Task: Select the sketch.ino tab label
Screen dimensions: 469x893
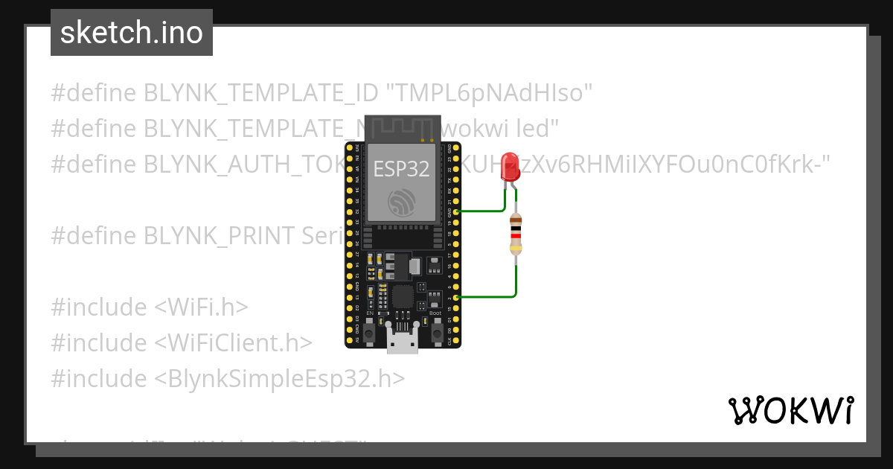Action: point(131,33)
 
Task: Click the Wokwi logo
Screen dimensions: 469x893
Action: point(790,410)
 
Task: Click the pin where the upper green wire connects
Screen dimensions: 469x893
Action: point(455,211)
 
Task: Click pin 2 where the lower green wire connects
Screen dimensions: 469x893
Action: point(455,297)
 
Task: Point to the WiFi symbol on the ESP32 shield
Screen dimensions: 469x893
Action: point(403,202)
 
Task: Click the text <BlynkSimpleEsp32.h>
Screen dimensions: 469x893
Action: point(280,379)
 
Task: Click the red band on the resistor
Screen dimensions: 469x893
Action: point(516,236)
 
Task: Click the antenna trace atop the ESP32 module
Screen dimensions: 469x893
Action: point(402,128)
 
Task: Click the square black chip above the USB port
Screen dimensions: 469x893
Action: point(403,297)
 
